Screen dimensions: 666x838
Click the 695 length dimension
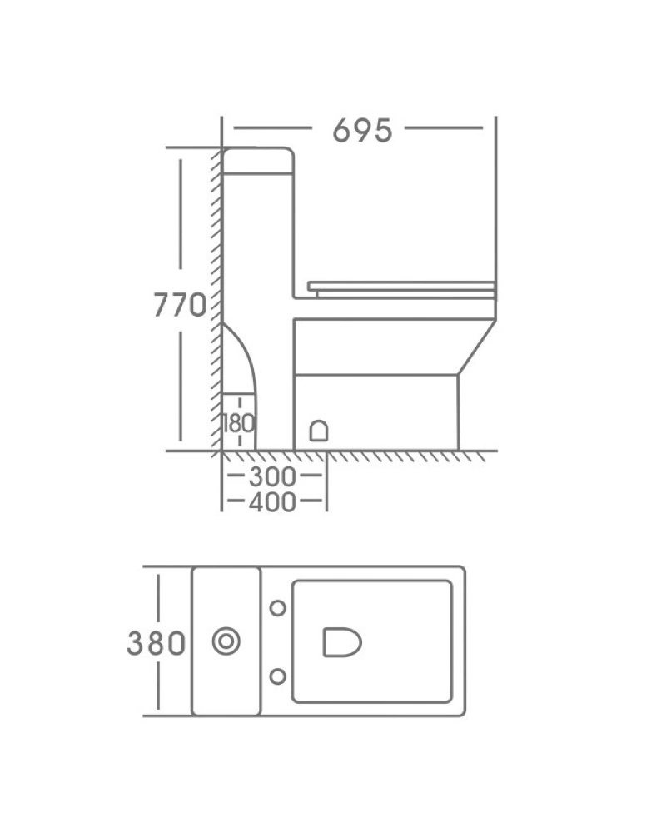[362, 130]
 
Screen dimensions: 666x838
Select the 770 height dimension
[180, 305]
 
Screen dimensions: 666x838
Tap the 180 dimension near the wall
[239, 423]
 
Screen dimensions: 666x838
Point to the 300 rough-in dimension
[272, 476]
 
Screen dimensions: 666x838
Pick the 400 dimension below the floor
[272, 501]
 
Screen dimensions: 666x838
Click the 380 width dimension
[156, 642]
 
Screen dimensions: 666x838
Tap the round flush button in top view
[226, 641]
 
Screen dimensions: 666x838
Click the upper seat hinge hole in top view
[277, 607]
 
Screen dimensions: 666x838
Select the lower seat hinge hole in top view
[277, 676]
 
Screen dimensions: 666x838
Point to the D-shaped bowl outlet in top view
[342, 641]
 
